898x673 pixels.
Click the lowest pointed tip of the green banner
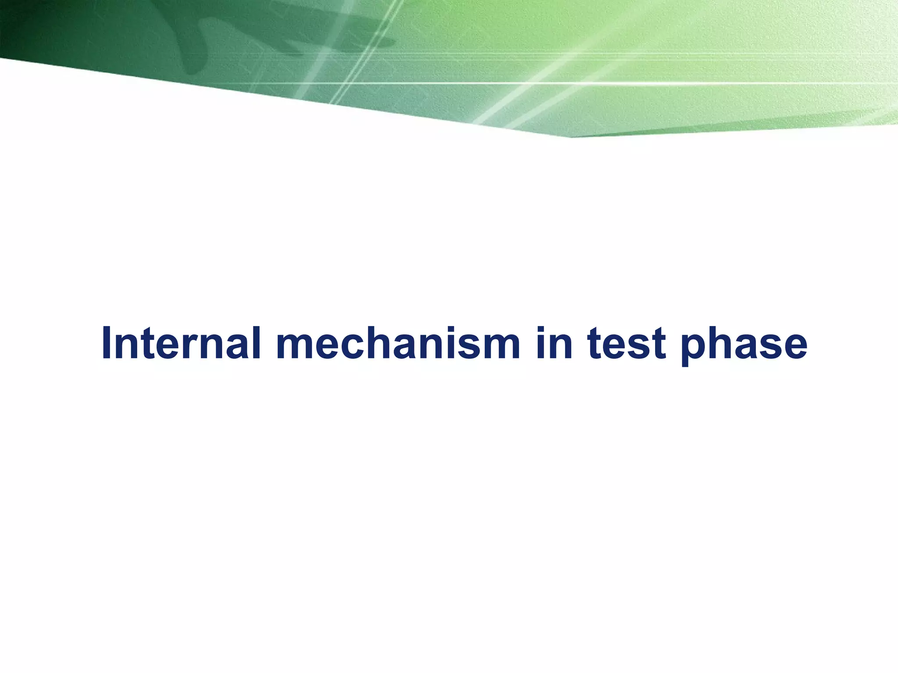point(570,137)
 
